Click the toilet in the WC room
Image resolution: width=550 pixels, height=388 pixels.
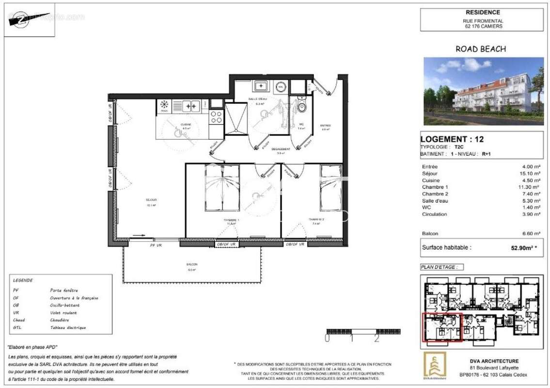301,107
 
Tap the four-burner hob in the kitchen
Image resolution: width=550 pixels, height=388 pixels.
216,117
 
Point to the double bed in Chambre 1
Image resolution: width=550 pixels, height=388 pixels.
221,187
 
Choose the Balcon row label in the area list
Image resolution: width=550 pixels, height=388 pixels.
430,234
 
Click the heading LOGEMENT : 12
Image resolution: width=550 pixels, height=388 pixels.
452,139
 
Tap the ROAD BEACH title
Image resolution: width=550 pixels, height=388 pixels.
481,49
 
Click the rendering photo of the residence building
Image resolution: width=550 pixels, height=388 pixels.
483,91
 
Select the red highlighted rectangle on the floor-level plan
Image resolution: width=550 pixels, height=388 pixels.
442,327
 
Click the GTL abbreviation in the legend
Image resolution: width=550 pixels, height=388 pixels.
18,327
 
